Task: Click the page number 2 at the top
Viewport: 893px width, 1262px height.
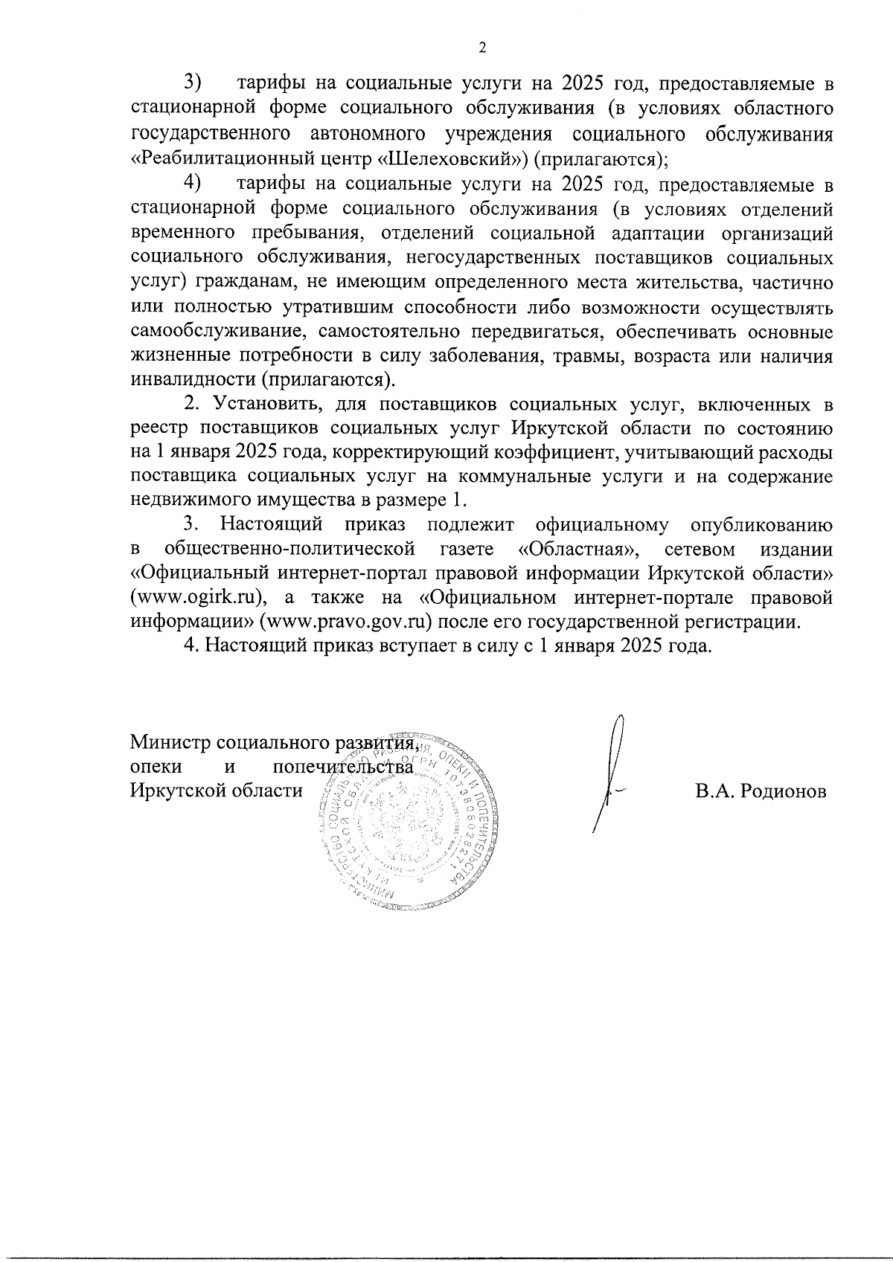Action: click(x=481, y=48)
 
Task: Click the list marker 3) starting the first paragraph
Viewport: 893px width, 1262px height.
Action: click(x=193, y=80)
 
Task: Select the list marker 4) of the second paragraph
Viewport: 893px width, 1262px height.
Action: click(x=193, y=182)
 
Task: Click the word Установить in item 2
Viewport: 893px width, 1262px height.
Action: click(x=268, y=405)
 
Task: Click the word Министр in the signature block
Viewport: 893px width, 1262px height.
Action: click(x=170, y=742)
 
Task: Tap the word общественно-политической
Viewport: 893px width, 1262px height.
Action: click(x=289, y=550)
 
